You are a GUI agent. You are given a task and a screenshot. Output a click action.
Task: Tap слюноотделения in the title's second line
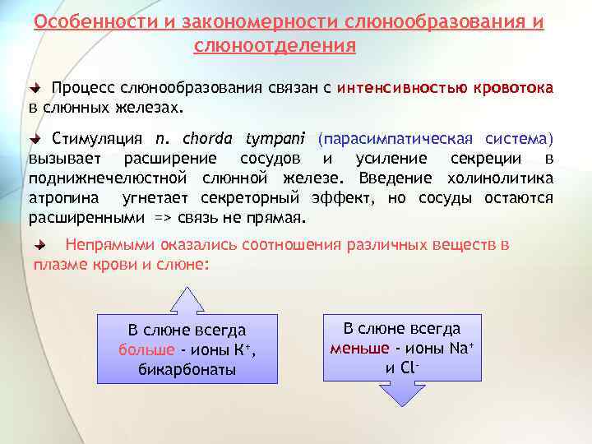pyautogui.click(x=275, y=46)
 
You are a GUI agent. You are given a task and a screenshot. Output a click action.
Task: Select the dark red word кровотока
pyautogui.click(x=513, y=88)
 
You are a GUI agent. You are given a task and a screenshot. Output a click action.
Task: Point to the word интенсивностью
pyautogui.click(x=402, y=88)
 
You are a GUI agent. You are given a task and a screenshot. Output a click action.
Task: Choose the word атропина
pyautogui.click(x=66, y=198)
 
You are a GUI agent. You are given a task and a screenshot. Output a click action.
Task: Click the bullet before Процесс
pyautogui.click(x=35, y=88)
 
